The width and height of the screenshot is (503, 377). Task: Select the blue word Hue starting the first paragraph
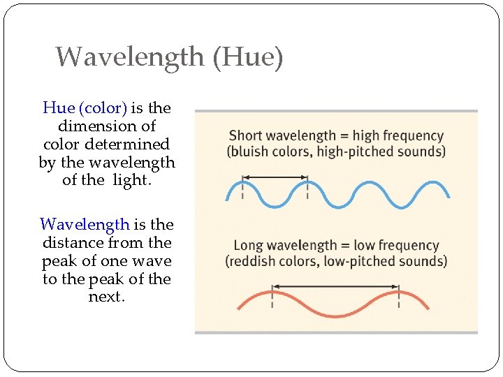pos(58,108)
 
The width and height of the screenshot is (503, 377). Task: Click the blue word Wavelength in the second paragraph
pos(85,225)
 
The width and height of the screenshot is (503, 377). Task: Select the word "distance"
pos(73,243)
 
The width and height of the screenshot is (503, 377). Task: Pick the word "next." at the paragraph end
pos(107,297)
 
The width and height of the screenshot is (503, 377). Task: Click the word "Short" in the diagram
pos(245,136)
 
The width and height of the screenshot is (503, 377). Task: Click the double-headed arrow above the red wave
pos(335,286)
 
